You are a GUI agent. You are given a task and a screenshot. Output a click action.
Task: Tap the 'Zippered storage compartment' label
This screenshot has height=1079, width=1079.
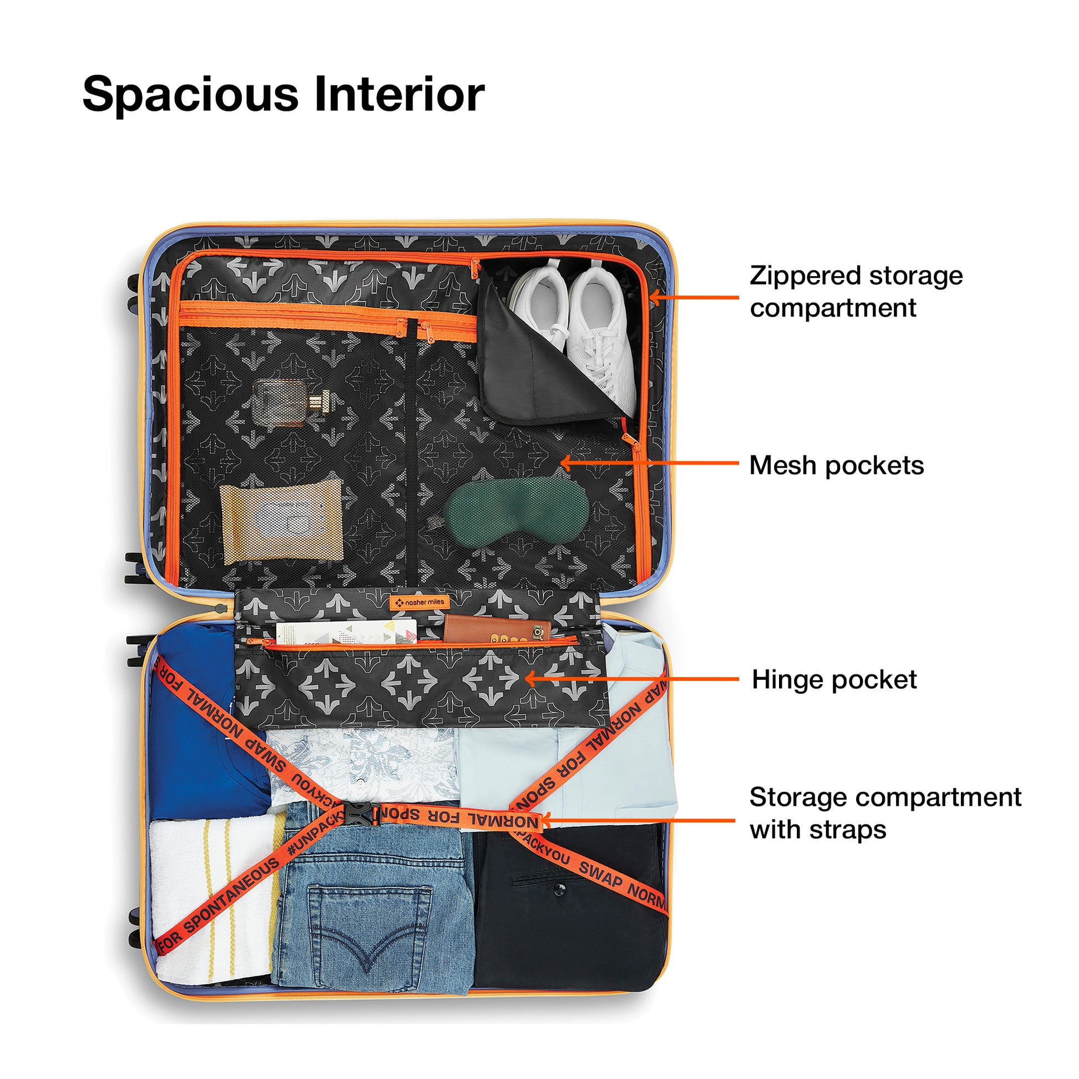click(x=856, y=292)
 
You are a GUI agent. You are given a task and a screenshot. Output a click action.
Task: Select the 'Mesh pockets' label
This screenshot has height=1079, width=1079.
click(x=836, y=466)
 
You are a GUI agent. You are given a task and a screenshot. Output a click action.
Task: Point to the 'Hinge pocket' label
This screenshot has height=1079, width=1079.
click(x=834, y=680)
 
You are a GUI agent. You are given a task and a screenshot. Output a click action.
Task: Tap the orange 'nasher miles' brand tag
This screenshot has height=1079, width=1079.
click(x=419, y=603)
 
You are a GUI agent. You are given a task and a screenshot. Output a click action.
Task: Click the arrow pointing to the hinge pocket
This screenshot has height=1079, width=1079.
click(x=631, y=679)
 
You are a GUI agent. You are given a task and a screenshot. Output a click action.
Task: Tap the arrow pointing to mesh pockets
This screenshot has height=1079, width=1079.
click(x=648, y=463)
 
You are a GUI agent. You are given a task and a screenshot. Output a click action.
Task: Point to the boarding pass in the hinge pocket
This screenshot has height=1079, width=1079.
click(x=346, y=632)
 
